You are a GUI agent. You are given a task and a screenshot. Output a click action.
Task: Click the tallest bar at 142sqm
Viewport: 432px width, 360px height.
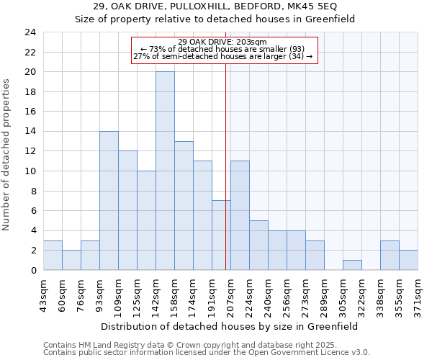(165, 171)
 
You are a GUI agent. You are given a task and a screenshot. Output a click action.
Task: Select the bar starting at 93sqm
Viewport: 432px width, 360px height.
(109, 200)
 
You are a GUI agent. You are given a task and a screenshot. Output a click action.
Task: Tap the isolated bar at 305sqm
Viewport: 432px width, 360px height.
(352, 265)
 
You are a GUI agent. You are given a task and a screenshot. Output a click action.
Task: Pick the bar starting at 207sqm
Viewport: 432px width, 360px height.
(240, 215)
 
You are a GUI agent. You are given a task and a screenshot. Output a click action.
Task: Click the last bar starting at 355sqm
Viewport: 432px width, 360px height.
(408, 260)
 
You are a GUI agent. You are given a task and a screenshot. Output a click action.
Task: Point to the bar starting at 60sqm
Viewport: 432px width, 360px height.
(71, 260)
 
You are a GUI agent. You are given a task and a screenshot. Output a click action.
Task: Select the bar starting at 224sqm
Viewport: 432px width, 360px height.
(258, 245)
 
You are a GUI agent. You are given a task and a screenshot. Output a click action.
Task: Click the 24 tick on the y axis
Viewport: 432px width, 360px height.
(30, 32)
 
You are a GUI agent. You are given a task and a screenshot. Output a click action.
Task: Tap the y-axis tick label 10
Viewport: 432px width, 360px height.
(30, 171)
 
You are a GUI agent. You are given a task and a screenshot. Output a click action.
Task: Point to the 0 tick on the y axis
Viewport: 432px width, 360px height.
(32, 271)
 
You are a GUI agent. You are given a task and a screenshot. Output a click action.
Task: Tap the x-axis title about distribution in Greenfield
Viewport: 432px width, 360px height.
(229, 326)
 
